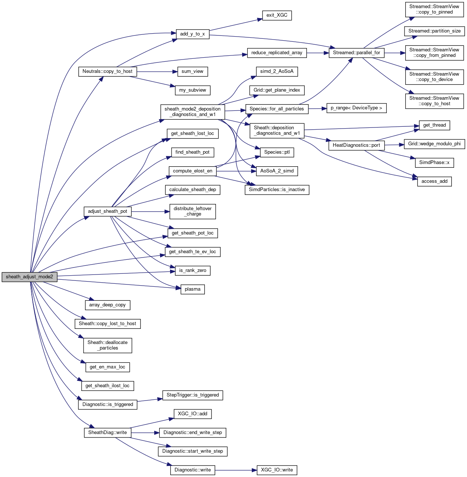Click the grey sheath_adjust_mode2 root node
(x=30, y=277)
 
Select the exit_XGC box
(x=277, y=16)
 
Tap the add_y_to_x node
(x=192, y=34)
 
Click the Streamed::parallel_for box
(x=356, y=53)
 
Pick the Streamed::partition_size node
(x=434, y=31)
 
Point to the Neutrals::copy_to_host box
(x=107, y=71)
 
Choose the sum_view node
(x=192, y=72)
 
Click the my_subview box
(x=193, y=90)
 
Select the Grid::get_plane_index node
(x=277, y=90)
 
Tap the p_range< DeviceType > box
(x=356, y=108)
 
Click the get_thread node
(x=434, y=125)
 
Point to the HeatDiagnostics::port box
(x=356, y=145)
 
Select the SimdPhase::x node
(x=434, y=163)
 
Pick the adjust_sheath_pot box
(x=108, y=212)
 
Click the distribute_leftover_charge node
(x=193, y=211)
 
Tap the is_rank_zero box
(x=193, y=270)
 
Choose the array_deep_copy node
(x=108, y=305)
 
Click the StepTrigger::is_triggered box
(x=193, y=395)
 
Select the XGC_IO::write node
(x=277, y=470)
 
